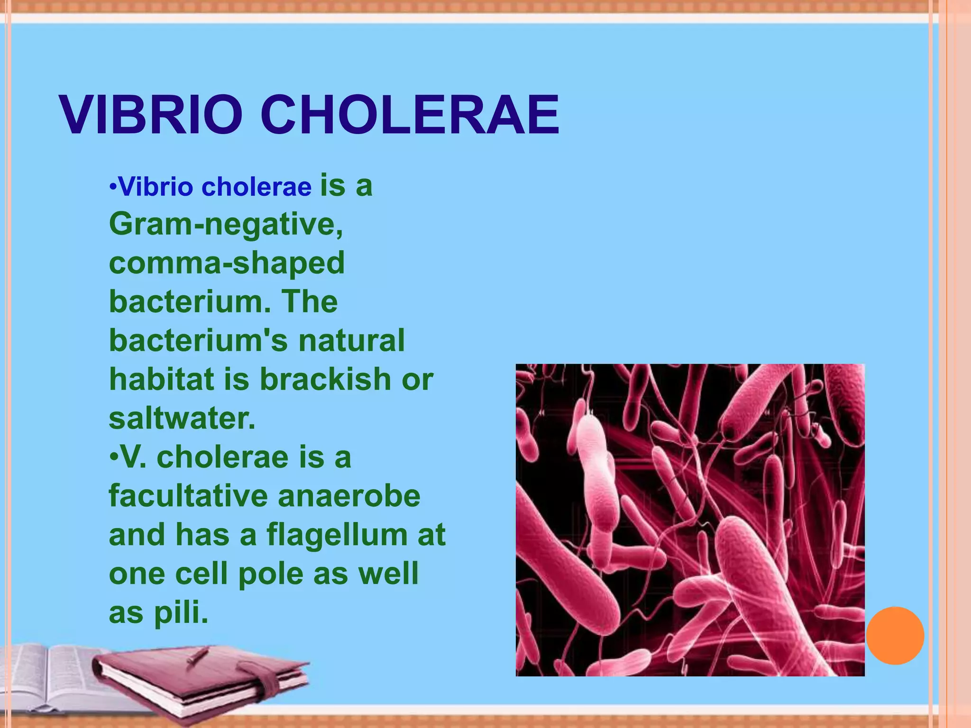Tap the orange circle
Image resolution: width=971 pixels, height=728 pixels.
tap(895, 636)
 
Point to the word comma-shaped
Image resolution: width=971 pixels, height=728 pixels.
tap(227, 264)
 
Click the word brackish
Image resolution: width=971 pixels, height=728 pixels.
tap(325, 380)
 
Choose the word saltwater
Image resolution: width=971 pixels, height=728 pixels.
tap(182, 419)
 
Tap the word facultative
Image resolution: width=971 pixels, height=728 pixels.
tap(188, 496)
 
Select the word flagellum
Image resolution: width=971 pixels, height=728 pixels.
tap(337, 536)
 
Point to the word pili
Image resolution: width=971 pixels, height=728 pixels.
tap(181, 613)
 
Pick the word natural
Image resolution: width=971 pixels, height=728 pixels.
tap(351, 341)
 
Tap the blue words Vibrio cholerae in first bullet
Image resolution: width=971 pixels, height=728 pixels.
tap(214, 187)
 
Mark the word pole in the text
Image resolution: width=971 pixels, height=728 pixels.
tap(270, 574)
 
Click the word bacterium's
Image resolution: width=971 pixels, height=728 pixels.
tap(198, 341)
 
